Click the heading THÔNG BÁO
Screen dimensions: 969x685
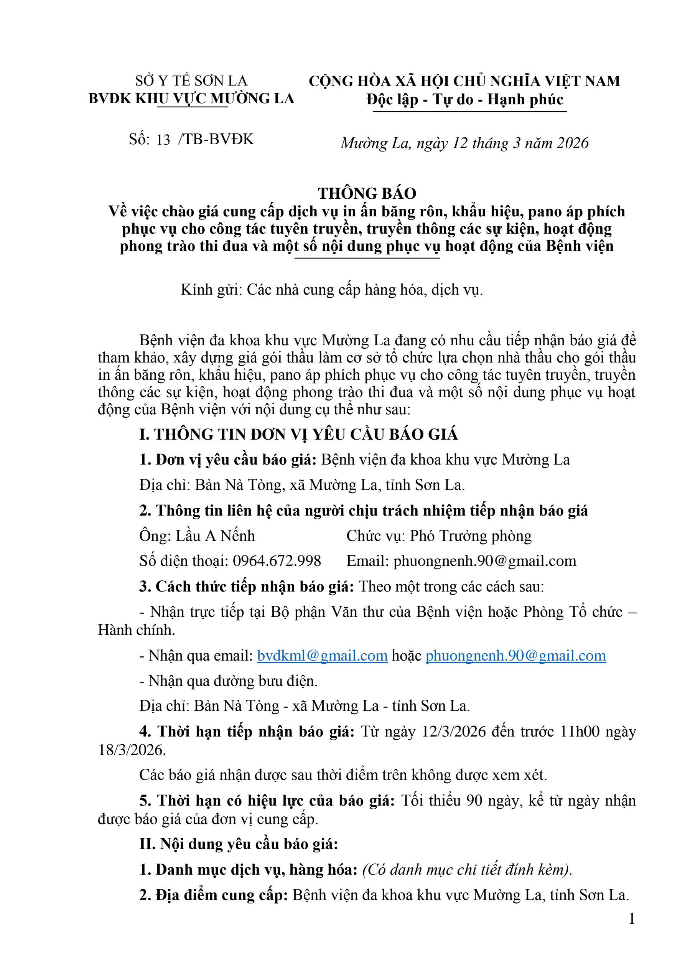click(367, 193)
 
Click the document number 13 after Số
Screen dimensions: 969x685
click(163, 140)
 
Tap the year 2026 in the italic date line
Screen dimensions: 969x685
click(572, 143)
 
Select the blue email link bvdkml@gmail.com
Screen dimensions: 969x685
click(322, 656)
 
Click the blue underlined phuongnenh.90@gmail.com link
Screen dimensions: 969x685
click(515, 656)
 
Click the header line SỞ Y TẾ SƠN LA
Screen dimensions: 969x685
click(191, 81)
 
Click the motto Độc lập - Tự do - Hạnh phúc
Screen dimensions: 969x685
click(465, 100)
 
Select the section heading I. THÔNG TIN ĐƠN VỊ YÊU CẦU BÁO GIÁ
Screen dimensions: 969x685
click(298, 434)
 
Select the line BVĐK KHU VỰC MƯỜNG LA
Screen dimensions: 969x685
click(191, 99)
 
